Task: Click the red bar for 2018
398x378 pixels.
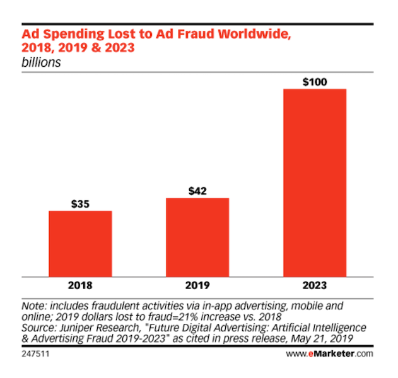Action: tap(80, 243)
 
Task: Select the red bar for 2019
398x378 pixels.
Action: tap(197, 237)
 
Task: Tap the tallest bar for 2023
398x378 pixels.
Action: tap(315, 182)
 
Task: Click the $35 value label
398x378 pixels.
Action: tap(80, 203)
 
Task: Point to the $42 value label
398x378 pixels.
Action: tap(197, 191)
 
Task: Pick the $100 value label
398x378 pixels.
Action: tap(315, 81)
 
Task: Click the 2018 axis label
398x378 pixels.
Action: tap(80, 285)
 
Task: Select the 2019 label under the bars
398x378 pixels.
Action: tap(197, 285)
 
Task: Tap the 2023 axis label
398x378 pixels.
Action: tap(315, 285)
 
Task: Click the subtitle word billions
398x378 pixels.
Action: tap(42, 63)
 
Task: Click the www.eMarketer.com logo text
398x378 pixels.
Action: tap(339, 355)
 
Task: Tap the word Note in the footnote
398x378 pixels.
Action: tap(33, 306)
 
